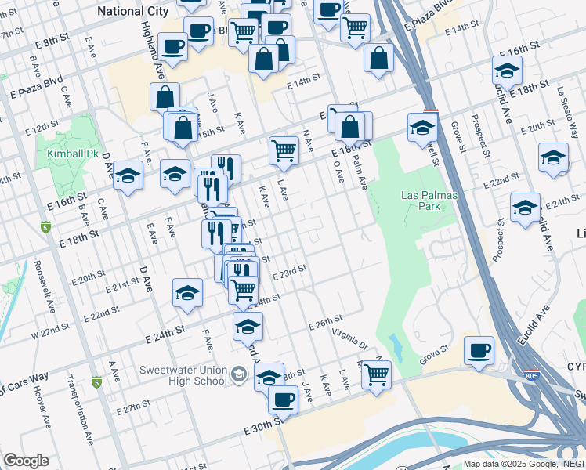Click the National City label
click(x=132, y=11)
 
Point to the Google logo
click(x=26, y=461)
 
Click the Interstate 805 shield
click(x=531, y=377)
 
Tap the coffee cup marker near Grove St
click(x=479, y=351)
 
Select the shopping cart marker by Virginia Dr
click(x=376, y=375)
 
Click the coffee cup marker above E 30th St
click(x=283, y=399)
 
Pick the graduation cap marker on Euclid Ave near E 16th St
click(x=507, y=70)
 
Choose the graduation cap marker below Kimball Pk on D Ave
click(x=128, y=176)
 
